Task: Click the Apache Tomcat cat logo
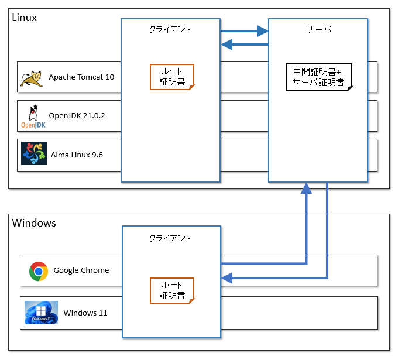[x=32, y=77]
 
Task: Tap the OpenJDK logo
[x=33, y=116]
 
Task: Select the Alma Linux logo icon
[x=33, y=155]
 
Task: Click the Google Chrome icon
[x=39, y=270]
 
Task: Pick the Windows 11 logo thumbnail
[x=41, y=313]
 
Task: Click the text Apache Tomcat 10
[x=81, y=77]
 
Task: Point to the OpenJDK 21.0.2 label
[x=77, y=116]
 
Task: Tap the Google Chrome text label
[x=81, y=270]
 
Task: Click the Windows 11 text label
[x=85, y=313]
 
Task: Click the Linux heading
[x=25, y=18]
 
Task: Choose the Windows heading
[x=34, y=223]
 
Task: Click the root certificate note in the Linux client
[x=172, y=77]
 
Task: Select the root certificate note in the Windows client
[x=172, y=290]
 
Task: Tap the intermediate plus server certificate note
[x=319, y=77]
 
